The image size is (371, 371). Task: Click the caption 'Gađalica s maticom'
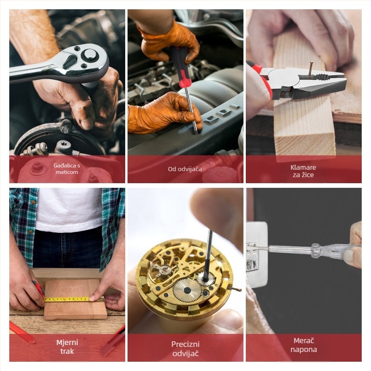[x=67, y=169]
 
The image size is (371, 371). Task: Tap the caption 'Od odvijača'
[x=185, y=169]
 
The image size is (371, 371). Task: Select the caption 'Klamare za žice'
[x=303, y=171]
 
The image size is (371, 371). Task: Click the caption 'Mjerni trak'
[x=67, y=347]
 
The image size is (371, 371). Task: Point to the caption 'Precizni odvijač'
[x=185, y=349]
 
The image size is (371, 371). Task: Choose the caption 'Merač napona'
[x=304, y=345]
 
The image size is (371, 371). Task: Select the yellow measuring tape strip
[x=74, y=299]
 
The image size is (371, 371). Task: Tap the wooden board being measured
[x=75, y=300]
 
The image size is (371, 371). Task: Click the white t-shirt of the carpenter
[x=69, y=209]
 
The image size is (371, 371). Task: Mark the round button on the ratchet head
[x=90, y=54]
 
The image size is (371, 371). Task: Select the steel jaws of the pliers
[x=307, y=82]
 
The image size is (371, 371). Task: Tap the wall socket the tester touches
[x=257, y=254]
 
